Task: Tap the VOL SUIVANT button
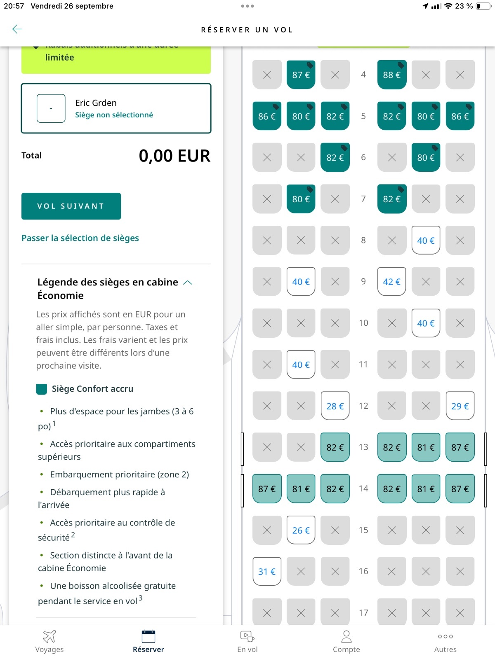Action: [x=71, y=206]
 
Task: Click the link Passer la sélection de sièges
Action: [x=80, y=238]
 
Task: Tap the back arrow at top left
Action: [x=17, y=29]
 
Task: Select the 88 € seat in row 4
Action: [x=391, y=75]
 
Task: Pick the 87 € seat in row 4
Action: [x=301, y=75]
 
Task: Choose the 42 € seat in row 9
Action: [x=391, y=282]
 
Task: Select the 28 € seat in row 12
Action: [x=335, y=406]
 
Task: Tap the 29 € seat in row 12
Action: [x=460, y=406]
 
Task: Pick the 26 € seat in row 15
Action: [x=301, y=530]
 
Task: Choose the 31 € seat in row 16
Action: [x=267, y=571]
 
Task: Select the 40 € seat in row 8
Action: [x=426, y=241]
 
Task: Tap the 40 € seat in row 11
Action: [x=301, y=365]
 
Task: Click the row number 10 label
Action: [x=363, y=323]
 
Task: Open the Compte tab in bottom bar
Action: [x=346, y=642]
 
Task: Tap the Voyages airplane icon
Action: [x=49, y=637]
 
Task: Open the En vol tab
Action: [x=247, y=642]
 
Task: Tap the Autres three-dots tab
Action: [x=445, y=642]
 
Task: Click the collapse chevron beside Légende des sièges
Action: [x=188, y=283]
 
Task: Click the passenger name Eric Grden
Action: [x=96, y=103]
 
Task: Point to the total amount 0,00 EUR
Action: [x=174, y=156]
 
